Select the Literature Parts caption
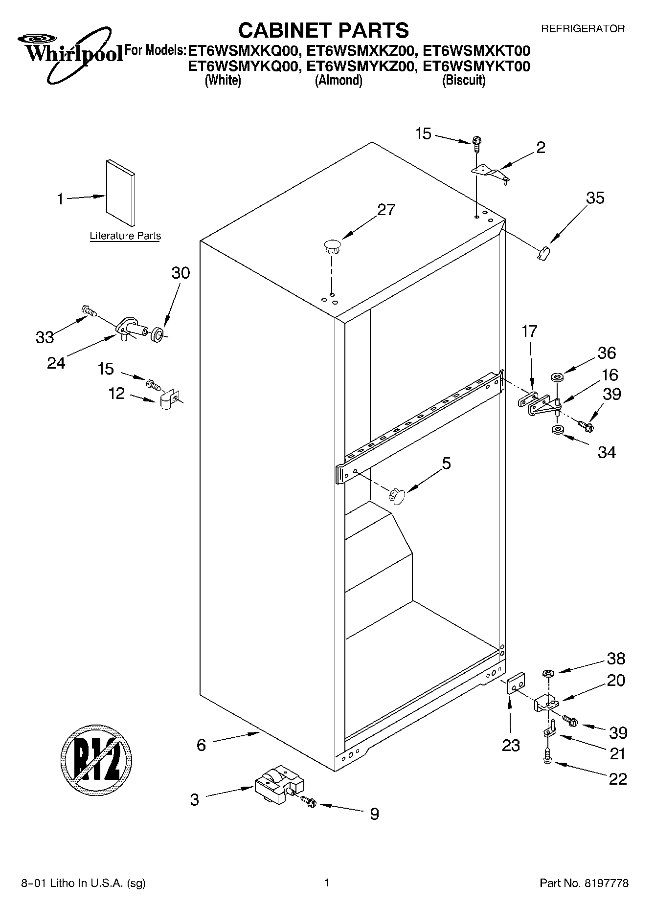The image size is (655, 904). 125,236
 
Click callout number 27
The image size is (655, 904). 386,210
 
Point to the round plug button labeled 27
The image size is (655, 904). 332,245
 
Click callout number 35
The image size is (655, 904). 595,198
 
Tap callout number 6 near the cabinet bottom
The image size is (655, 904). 201,745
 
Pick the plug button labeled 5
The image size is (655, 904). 398,496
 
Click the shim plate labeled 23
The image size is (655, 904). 515,683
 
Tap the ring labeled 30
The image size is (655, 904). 158,335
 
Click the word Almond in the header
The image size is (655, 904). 338,80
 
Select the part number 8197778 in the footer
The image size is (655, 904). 606,883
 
